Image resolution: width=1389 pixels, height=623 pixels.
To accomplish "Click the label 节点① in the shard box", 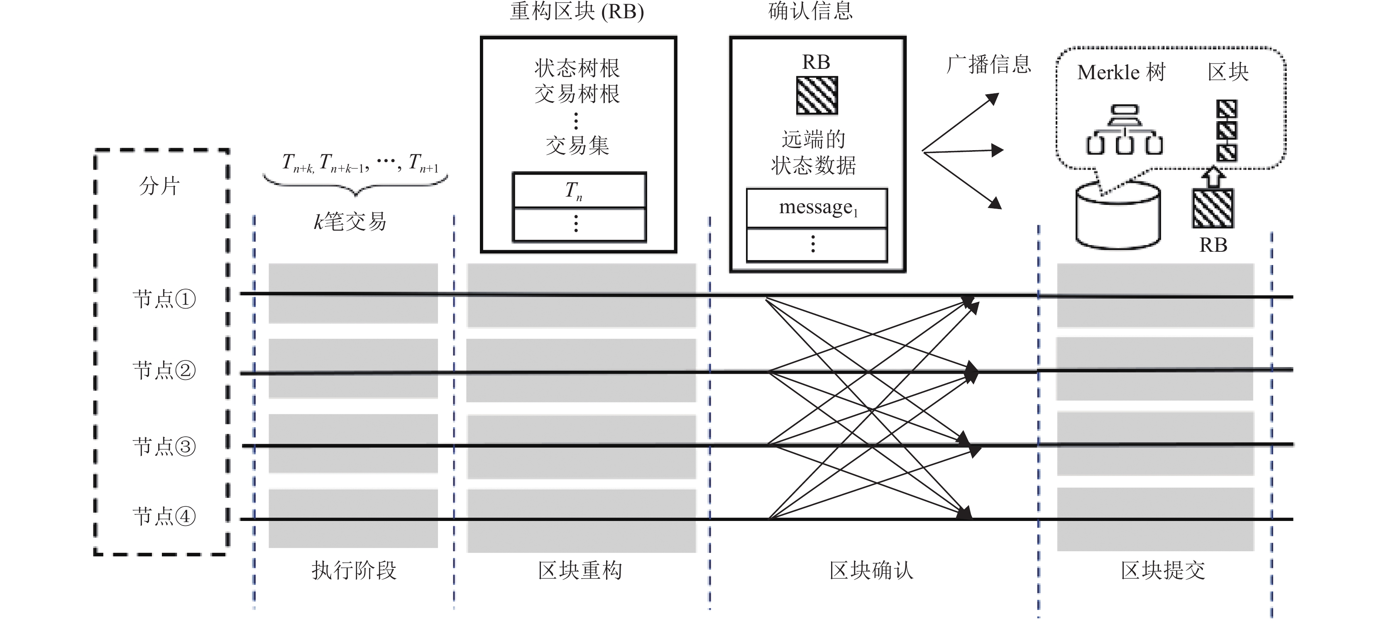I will click(x=164, y=299).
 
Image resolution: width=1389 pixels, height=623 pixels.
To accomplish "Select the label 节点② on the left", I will click(x=164, y=370).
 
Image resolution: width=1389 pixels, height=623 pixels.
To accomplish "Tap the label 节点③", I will click(x=164, y=446).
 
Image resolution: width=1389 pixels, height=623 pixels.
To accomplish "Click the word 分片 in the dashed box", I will click(x=159, y=186).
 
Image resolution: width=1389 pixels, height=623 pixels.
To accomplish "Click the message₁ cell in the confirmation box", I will click(x=817, y=207).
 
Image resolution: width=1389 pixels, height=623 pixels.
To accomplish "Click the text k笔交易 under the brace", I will click(x=350, y=221).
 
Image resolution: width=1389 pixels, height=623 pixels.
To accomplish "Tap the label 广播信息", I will click(x=989, y=65).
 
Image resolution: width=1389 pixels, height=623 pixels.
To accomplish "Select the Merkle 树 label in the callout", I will click(x=1122, y=72).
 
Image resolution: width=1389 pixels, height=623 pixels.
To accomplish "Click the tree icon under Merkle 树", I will click(x=1124, y=129).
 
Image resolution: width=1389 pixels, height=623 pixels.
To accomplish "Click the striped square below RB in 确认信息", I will click(x=817, y=95).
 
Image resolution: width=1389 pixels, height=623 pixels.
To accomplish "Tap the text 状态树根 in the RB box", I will click(x=577, y=68).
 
